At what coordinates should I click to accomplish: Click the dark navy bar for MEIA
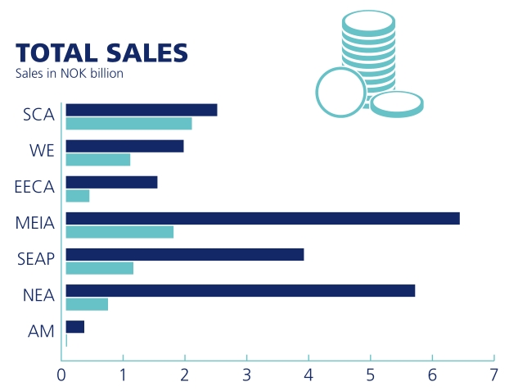[262, 218]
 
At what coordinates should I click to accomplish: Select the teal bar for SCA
[128, 124]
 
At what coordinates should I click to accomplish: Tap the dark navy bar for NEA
[240, 290]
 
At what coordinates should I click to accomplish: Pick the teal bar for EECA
[77, 196]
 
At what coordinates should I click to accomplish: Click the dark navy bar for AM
[74, 327]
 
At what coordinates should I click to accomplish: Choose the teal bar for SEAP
[99, 268]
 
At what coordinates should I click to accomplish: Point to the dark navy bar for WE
[124, 146]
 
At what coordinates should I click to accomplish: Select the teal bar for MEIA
[119, 232]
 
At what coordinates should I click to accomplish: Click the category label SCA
[38, 115]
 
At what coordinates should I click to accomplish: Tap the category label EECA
[34, 187]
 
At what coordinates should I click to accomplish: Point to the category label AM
[41, 331]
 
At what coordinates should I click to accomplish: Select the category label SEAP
[36, 259]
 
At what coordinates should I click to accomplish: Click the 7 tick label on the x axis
[493, 375]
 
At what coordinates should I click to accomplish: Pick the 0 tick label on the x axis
[62, 375]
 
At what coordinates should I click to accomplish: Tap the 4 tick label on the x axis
[309, 375]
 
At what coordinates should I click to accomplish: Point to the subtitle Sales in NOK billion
[69, 74]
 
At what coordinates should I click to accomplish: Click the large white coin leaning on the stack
[340, 92]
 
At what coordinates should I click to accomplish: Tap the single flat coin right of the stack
[397, 104]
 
